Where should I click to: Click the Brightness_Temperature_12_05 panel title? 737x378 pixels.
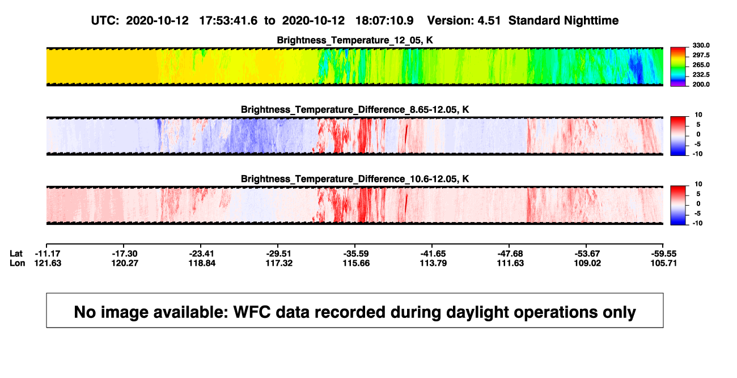355,40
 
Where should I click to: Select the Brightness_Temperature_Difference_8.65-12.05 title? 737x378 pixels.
355,109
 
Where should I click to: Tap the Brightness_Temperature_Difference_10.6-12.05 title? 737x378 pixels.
355,179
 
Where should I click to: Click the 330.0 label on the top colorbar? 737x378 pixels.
701,45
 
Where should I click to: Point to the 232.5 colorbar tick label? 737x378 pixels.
701,75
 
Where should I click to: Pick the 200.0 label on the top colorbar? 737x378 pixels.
701,84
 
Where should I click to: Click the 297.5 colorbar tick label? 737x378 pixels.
701,56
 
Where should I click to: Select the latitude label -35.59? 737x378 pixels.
356,254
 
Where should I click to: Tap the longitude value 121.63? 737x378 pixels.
48,263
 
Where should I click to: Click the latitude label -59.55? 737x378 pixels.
664,254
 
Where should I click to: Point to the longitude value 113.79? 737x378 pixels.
433,263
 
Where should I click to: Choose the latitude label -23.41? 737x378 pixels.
202,254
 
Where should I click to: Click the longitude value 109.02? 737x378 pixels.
587,263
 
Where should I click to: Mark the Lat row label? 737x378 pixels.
16,254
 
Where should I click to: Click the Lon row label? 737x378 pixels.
17,263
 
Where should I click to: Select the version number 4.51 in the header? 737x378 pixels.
489,21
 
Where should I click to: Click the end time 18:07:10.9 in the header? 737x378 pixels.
384,21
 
